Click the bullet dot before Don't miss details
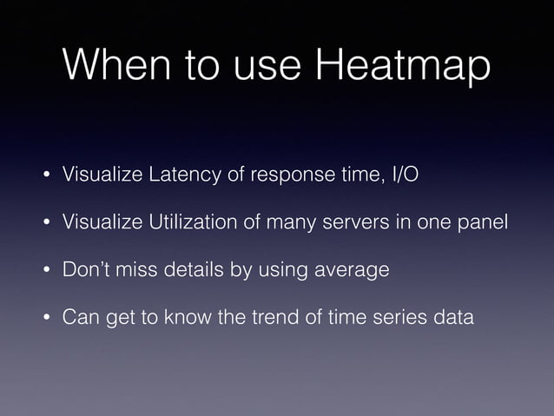click(x=41, y=271)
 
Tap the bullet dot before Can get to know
click(x=41, y=318)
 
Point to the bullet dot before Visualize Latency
click(x=41, y=176)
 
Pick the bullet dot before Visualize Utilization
click(x=41, y=224)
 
